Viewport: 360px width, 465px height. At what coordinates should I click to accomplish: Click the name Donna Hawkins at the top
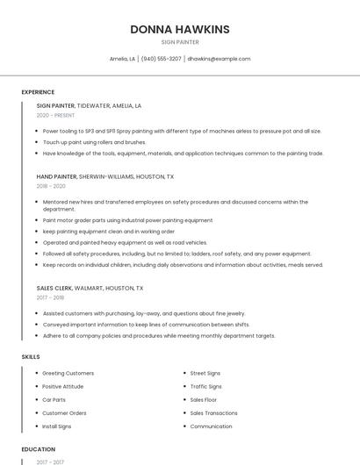(x=180, y=29)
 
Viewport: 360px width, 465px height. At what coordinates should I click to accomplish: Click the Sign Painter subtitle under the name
(x=180, y=42)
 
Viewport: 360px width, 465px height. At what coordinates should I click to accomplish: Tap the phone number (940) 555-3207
(x=162, y=59)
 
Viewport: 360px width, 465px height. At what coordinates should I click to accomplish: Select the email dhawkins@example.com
(x=219, y=59)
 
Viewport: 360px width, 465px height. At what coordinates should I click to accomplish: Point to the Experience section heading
(x=38, y=92)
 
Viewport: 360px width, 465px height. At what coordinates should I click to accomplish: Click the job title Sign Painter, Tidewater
(x=89, y=105)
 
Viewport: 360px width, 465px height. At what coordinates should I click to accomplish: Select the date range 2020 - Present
(x=55, y=116)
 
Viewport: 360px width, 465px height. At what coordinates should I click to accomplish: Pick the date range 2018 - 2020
(x=51, y=186)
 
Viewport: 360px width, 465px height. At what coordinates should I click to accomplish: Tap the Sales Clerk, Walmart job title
(x=90, y=288)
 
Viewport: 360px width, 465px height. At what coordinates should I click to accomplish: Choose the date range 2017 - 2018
(x=51, y=298)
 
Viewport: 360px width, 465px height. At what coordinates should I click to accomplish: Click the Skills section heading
(x=31, y=357)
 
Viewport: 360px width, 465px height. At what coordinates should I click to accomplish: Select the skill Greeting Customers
(x=68, y=373)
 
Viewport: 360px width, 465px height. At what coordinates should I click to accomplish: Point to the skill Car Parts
(x=54, y=399)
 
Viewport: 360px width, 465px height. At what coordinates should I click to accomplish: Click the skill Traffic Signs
(x=205, y=386)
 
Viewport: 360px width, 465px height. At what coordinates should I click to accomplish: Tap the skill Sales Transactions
(x=213, y=412)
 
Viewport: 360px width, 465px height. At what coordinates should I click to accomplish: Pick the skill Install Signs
(x=56, y=426)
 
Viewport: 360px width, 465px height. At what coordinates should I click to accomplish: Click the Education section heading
(x=38, y=449)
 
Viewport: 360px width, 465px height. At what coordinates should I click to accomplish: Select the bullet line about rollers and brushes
(x=94, y=142)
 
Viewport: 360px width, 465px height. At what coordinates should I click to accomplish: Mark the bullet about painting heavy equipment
(x=125, y=242)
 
